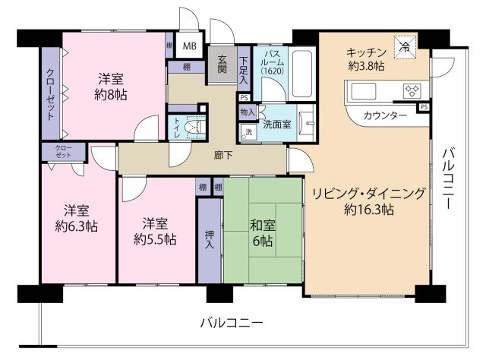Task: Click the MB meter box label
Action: [x=189, y=45]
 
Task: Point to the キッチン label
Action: [x=367, y=52]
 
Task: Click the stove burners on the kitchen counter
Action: [x=411, y=90]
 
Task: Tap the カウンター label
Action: [x=383, y=115]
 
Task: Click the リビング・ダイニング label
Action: [x=368, y=193]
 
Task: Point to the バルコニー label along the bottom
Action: [x=232, y=323]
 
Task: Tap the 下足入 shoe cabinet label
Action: [x=243, y=66]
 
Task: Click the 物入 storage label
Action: [x=247, y=112]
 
